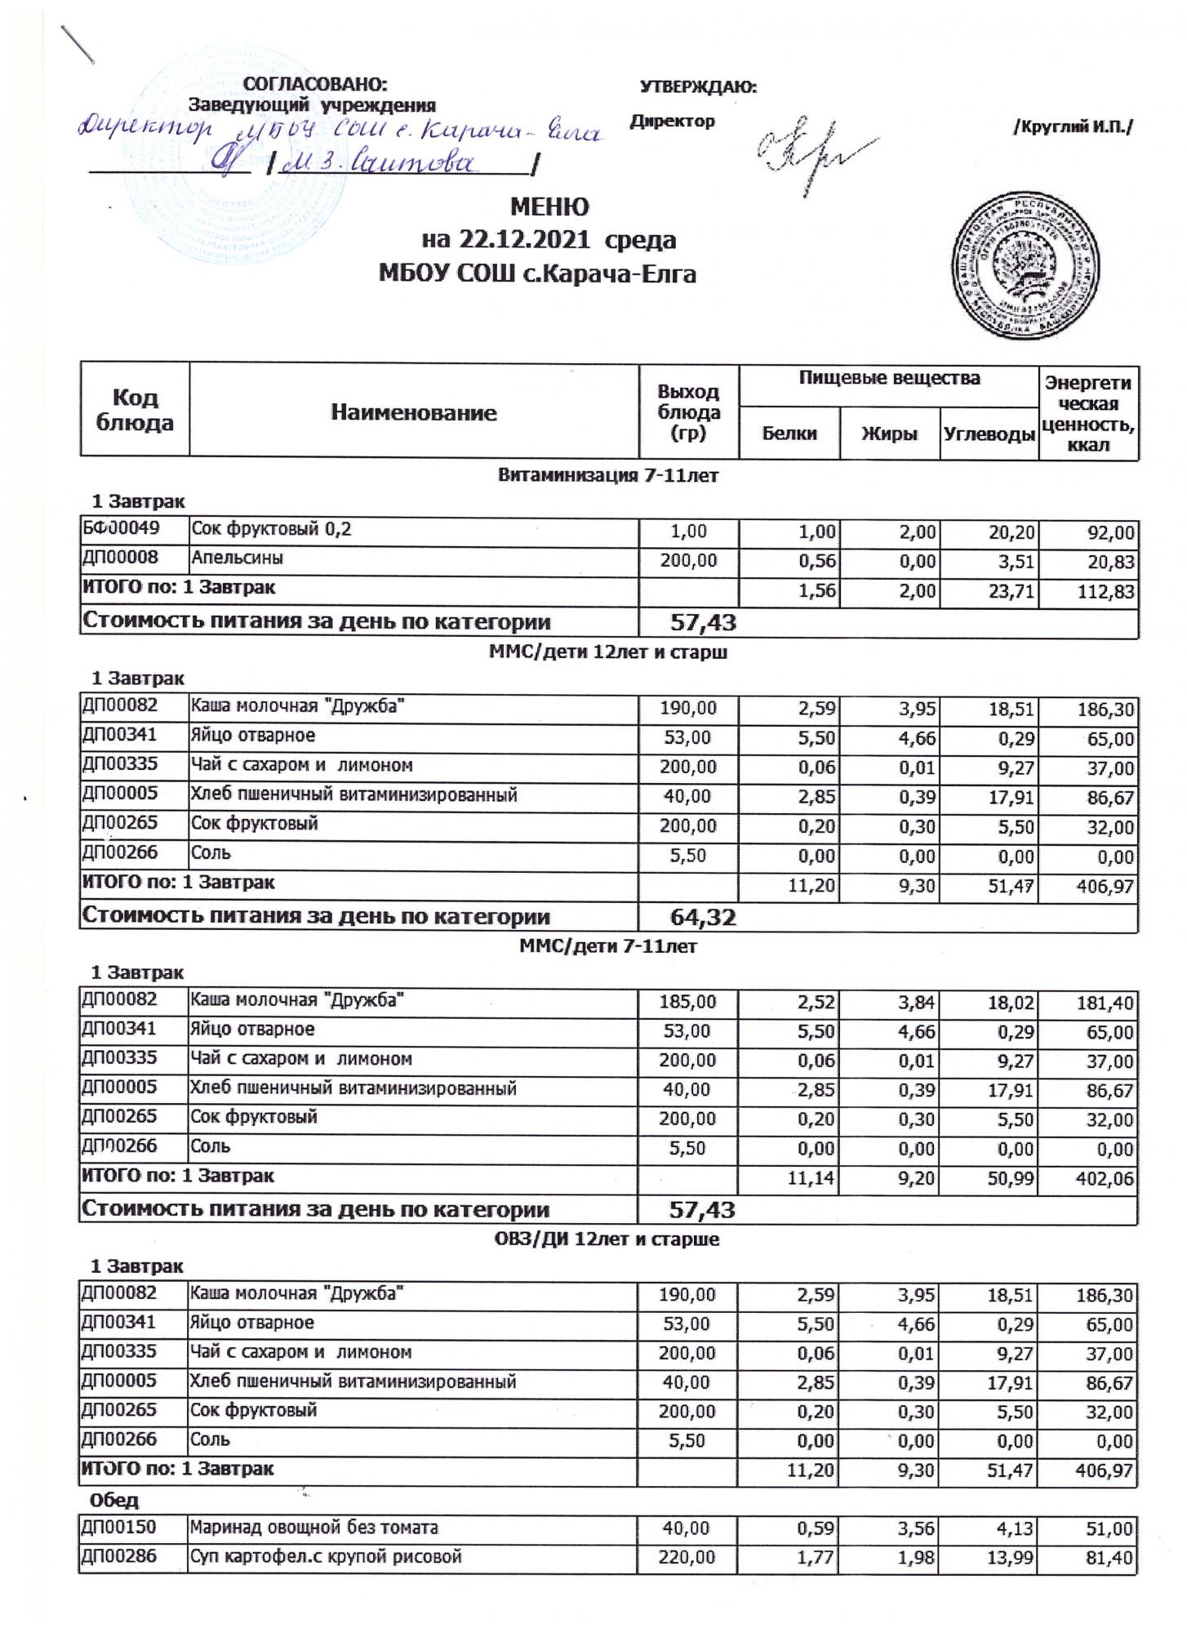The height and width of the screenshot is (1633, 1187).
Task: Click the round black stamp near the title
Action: click(1026, 263)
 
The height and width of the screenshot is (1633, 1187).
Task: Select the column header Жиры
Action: click(889, 434)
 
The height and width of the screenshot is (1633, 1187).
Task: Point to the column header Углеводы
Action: click(989, 434)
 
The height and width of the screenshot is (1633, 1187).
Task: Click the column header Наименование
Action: click(414, 412)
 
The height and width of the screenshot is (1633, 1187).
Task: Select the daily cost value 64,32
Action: click(703, 917)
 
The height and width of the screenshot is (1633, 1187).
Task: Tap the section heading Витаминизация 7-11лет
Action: click(608, 476)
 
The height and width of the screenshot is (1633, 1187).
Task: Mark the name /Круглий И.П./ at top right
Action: click(1073, 127)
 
